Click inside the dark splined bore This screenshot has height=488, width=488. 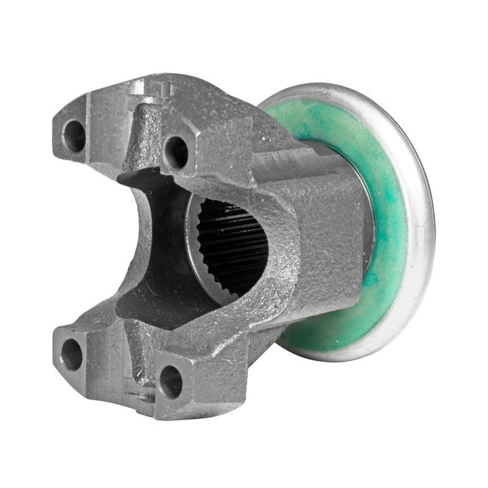(x=235, y=244)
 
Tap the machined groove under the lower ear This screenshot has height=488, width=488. (x=140, y=397)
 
